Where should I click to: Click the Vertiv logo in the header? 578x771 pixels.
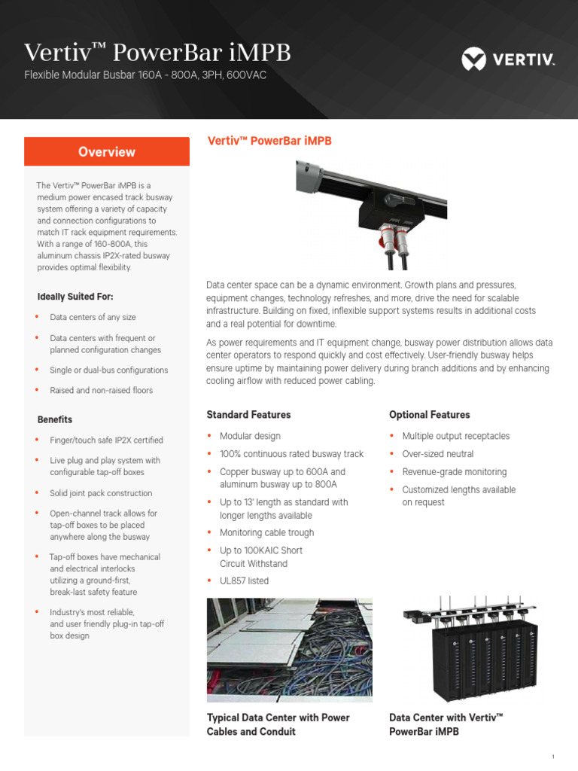(507, 57)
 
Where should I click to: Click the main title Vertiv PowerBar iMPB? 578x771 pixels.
(157, 53)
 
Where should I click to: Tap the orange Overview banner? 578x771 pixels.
(107, 151)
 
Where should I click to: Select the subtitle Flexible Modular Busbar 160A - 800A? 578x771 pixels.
(145, 75)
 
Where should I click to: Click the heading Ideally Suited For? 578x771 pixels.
(75, 297)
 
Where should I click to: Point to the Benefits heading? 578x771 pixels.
(55, 419)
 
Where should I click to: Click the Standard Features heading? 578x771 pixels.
(248, 415)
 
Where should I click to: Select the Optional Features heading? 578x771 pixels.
(429, 415)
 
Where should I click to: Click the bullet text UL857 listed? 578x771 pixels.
(244, 581)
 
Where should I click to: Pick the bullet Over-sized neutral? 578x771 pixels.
(438, 454)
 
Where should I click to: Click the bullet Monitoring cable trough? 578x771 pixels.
(266, 532)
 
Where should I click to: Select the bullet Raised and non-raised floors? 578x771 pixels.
(101, 390)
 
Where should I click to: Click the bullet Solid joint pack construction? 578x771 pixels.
(101, 493)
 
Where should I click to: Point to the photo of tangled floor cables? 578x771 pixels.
(289, 650)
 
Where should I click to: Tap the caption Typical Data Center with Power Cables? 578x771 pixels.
(278, 724)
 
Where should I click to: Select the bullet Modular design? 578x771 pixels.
(250, 436)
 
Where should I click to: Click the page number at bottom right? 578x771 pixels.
(552, 757)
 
